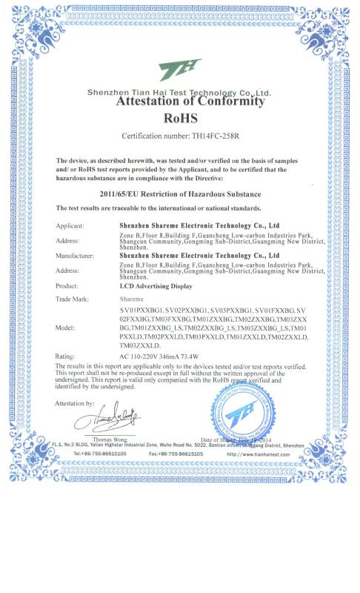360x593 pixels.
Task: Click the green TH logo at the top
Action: (180, 70)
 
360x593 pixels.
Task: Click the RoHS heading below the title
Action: (180, 116)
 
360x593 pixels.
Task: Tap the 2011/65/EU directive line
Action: (179, 192)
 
